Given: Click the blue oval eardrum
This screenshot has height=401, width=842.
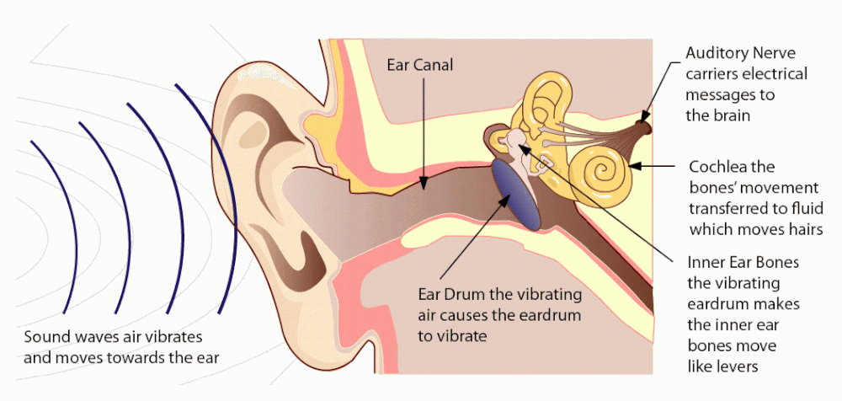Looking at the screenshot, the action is click(516, 194).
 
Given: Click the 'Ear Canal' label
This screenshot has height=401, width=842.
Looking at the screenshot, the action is click(420, 64).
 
